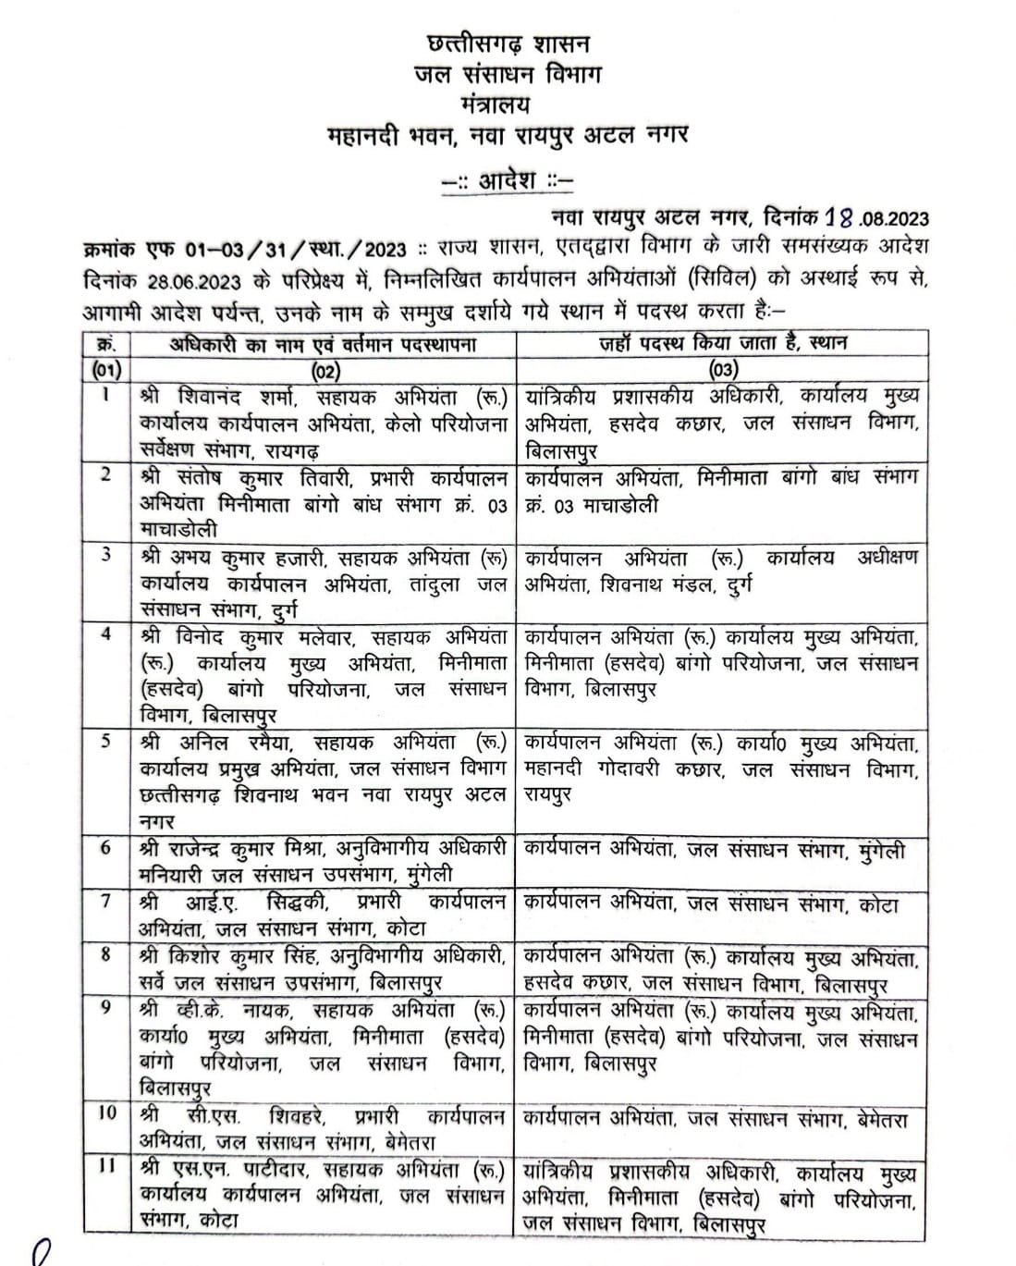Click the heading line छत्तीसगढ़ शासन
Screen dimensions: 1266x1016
(508, 43)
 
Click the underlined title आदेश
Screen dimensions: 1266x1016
(508, 179)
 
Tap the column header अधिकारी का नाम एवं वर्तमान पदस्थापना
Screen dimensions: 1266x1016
(324, 344)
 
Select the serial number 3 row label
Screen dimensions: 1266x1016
(107, 557)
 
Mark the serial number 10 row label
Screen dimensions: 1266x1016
(107, 1113)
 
